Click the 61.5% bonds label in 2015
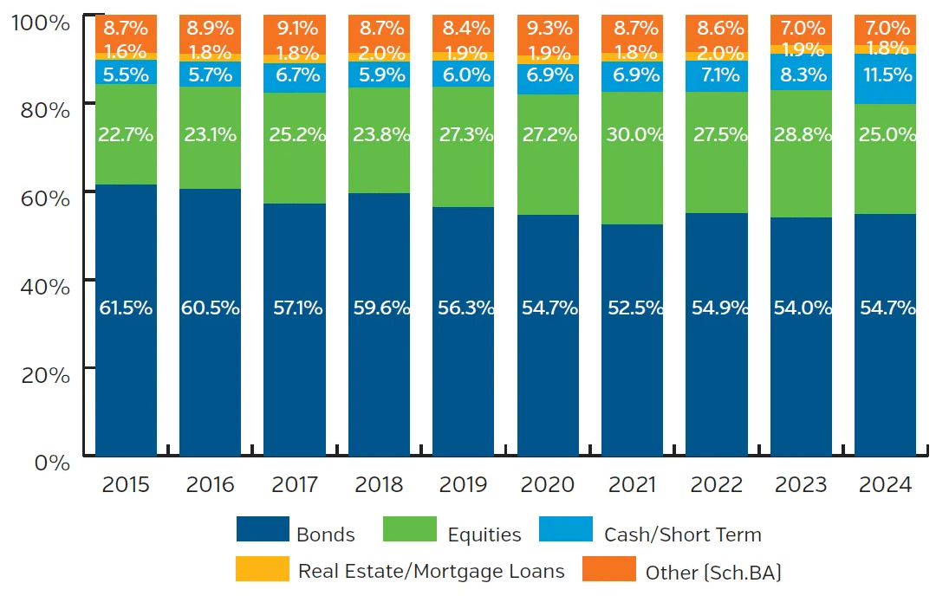pyautogui.click(x=126, y=308)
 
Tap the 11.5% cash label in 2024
pyautogui.click(x=885, y=74)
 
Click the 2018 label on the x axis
pyautogui.click(x=379, y=484)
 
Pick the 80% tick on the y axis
pyautogui.click(x=40, y=111)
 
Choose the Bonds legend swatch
pyautogui.click(x=262, y=530)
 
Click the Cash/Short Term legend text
pyautogui.click(x=682, y=534)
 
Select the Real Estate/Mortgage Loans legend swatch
pyautogui.click(x=262, y=568)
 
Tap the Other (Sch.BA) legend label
pyautogui.click(x=713, y=572)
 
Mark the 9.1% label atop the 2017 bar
pyautogui.click(x=295, y=28)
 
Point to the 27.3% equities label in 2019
pyautogui.click(x=463, y=135)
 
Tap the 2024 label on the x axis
pyautogui.click(x=885, y=484)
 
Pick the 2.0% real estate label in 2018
pyautogui.click(x=379, y=53)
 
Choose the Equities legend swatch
pyautogui.click(x=409, y=530)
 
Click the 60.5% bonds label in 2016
pyautogui.click(x=210, y=308)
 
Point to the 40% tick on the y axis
pyautogui.click(x=40, y=287)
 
